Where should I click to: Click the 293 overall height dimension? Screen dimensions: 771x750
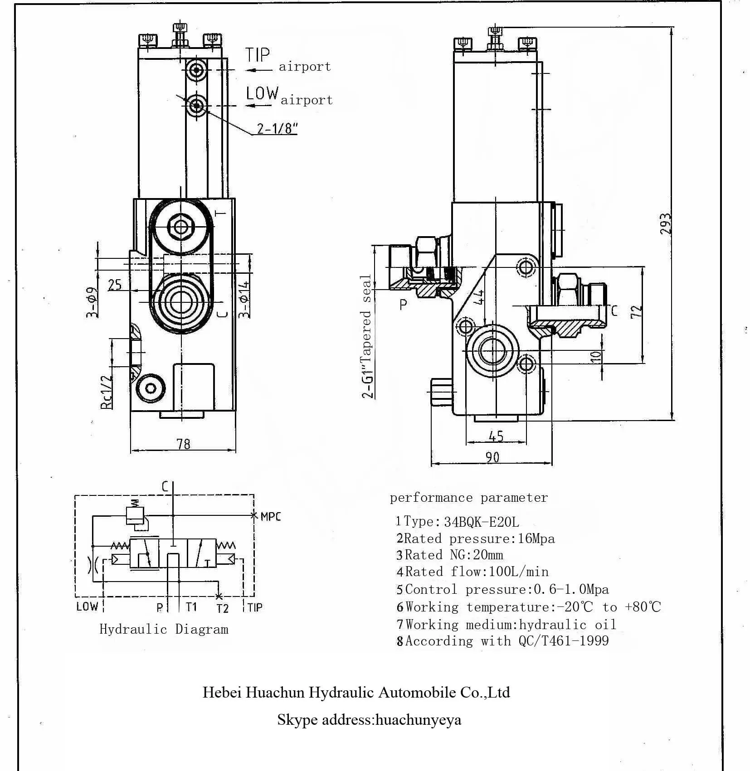pos(665,223)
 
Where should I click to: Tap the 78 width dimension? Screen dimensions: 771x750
pos(184,444)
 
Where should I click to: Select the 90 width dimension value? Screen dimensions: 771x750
pos(492,457)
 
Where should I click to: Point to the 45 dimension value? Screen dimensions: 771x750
pos(497,436)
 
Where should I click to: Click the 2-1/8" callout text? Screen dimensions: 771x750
pos(277,129)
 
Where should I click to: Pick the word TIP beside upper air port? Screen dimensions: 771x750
pos(258,55)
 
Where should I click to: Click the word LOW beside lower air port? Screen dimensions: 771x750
pos(262,93)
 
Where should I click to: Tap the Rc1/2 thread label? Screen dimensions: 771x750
pos(106,393)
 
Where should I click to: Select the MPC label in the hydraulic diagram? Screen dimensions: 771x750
pos(271,516)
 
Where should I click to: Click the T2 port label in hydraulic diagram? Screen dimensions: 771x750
pos(222,608)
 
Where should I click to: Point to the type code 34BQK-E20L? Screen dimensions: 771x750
pos(482,522)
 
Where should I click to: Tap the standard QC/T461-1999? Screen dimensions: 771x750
pos(563,641)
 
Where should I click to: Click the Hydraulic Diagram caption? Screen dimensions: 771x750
pos(164,630)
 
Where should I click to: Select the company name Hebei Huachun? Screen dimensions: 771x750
pos(356,693)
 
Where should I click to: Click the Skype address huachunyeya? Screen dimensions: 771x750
pos(418,720)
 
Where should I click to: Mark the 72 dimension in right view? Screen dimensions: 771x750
pos(637,311)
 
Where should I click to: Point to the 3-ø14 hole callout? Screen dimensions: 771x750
pos(244,300)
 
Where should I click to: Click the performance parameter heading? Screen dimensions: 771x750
pos(468,498)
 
